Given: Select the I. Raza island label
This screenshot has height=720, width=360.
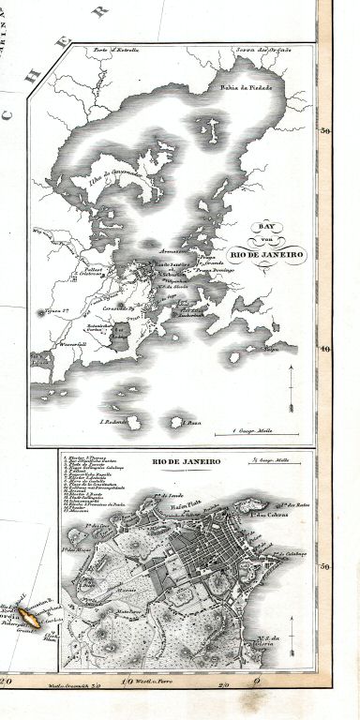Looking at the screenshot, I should coord(192,423).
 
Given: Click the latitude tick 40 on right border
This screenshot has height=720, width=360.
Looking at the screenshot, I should coord(325,350).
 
